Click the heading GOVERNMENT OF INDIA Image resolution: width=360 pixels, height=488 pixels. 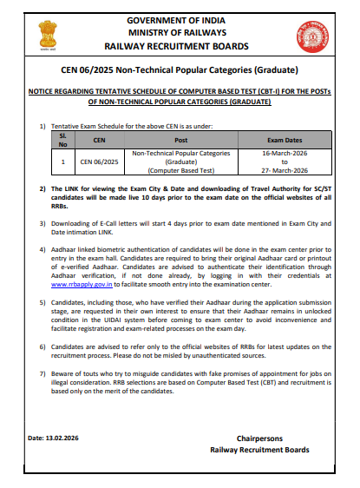180,18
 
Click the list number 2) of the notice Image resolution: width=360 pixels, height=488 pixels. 43,188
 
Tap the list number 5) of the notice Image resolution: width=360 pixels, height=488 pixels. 43,301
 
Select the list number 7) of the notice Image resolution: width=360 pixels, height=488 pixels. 43,372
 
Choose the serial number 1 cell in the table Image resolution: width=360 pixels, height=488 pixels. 62,161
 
